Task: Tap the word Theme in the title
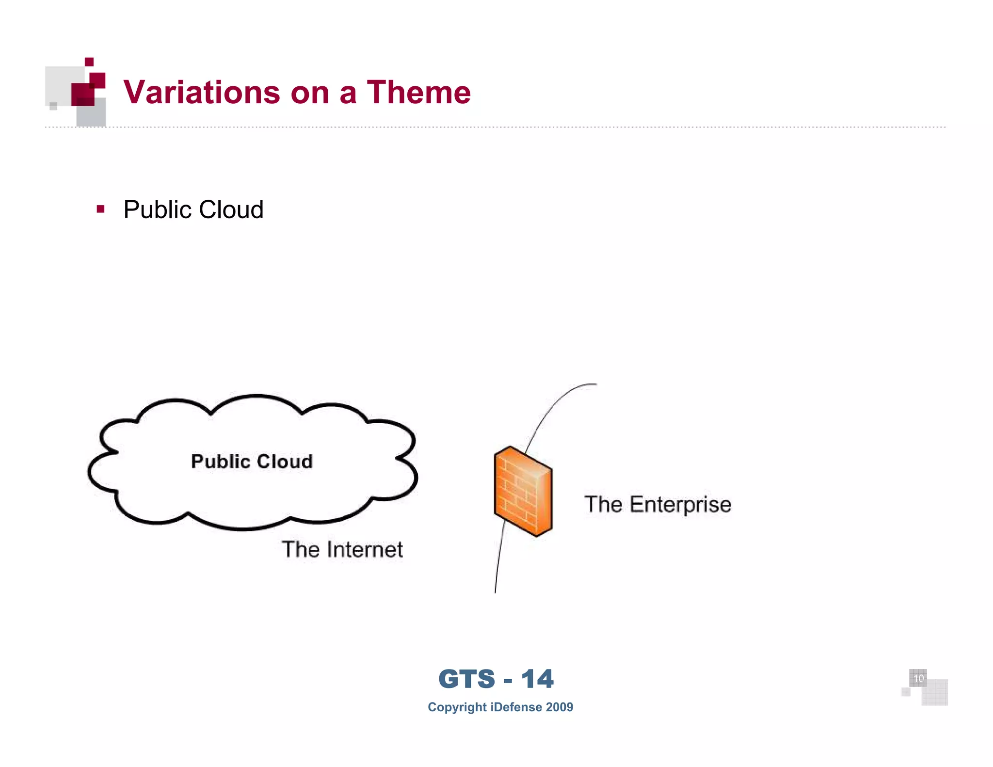tap(418, 92)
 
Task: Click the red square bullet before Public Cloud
tap(101, 209)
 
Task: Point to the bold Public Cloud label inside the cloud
tap(252, 462)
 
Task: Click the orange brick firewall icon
tap(523, 491)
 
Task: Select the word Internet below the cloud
tap(365, 550)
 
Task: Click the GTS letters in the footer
tap(466, 679)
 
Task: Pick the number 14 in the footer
tap(537, 679)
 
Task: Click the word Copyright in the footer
tap(457, 707)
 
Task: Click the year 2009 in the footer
tap(559, 707)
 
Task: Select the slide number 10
tap(918, 678)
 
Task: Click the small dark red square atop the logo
tap(89, 62)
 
